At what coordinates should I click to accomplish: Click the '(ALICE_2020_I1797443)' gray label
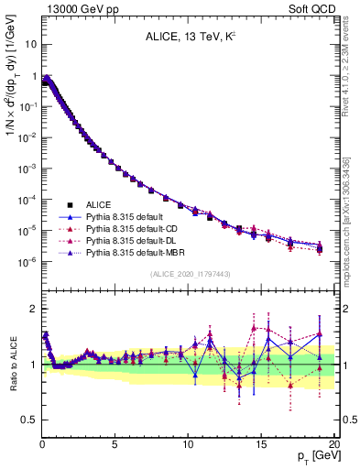pyautogui.click(x=189, y=273)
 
